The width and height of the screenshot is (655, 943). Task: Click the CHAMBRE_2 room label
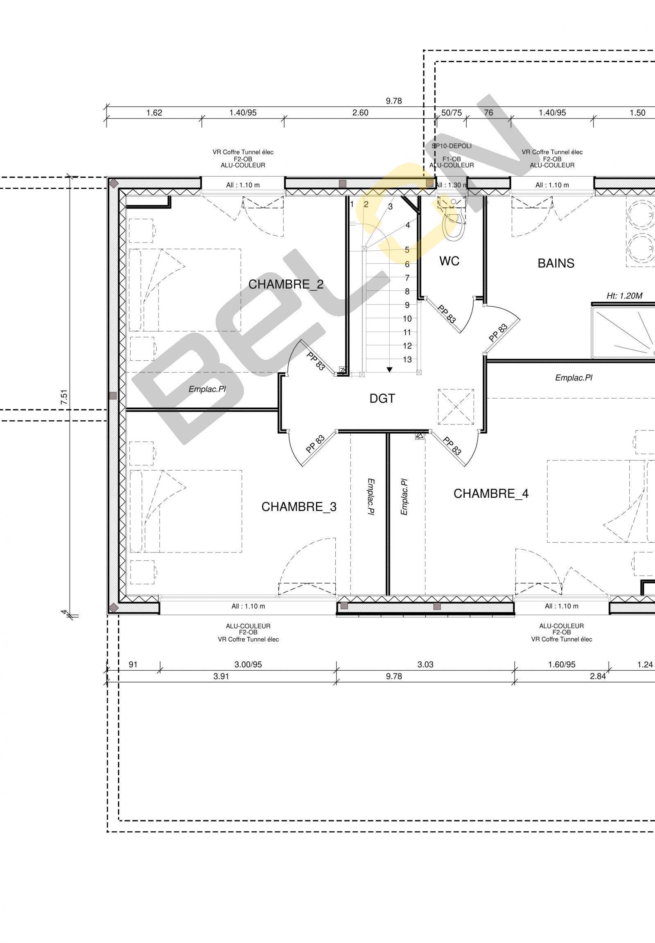[286, 284]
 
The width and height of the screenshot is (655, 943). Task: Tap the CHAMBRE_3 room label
[299, 507]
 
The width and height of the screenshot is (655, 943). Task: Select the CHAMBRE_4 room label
[491, 494]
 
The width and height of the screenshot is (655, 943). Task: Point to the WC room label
[449, 261]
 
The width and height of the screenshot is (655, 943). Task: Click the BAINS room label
[556, 263]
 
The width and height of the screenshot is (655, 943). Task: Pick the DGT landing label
[382, 398]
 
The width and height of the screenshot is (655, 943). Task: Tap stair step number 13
[407, 359]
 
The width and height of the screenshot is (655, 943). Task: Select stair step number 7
[407, 278]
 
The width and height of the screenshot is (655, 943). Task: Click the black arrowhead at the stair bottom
[389, 370]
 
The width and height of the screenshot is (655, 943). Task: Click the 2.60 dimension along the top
[360, 113]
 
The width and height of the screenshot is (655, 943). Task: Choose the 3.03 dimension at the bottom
[426, 665]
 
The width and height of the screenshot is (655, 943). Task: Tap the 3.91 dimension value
[221, 676]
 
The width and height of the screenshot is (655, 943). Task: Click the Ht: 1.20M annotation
[624, 296]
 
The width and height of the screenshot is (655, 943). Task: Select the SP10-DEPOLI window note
[452, 146]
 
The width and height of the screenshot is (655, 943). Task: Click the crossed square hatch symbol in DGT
[456, 407]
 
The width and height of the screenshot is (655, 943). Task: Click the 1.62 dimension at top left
[154, 113]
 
